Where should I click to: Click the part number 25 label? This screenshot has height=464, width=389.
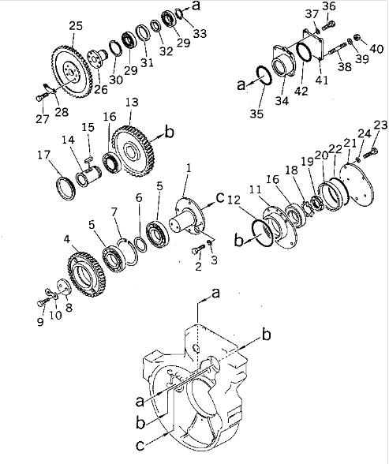75,27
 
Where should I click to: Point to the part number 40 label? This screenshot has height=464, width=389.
376,49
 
